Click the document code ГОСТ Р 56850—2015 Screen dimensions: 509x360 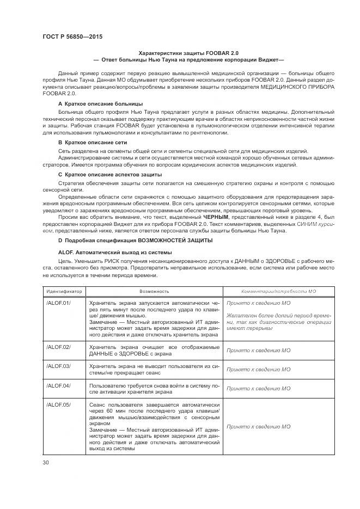pyautogui.click(x=72, y=36)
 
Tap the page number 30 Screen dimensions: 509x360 pyautogui.click(x=45, y=463)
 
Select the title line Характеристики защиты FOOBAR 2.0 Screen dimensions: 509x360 pyautogui.click(x=189, y=52)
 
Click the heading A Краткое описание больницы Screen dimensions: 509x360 pyautogui.click(x=100, y=103)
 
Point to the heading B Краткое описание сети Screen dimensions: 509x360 pyautogui.click(x=92, y=142)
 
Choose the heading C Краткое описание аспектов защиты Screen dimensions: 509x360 pyautogui.click(x=109, y=174)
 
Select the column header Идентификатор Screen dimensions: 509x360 pyautogui.click(x=64, y=291)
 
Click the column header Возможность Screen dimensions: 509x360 pyautogui.click(x=154, y=291)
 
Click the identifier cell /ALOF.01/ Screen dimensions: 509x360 pyautogui.click(x=59, y=301)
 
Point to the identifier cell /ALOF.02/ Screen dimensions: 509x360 pyautogui.click(x=59, y=347)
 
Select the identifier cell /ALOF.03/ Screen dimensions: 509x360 pyautogui.click(x=59, y=366)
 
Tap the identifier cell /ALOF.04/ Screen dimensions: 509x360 pyautogui.click(x=59, y=385)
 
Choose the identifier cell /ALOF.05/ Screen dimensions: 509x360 pyautogui.click(x=59, y=404)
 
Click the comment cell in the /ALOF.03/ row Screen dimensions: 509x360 pyautogui.click(x=258, y=369)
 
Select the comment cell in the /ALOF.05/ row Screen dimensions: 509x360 pyautogui.click(x=258, y=427)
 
